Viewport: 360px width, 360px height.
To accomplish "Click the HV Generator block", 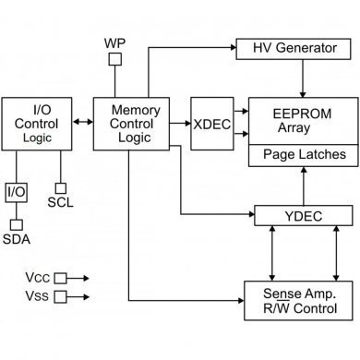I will tap(294, 47).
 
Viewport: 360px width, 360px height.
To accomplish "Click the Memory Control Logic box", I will tap(135, 123).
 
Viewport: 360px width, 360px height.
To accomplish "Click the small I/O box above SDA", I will tap(16, 192).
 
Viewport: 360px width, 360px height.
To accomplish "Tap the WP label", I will tap(115, 43).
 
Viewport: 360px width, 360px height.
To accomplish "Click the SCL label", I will tap(60, 202).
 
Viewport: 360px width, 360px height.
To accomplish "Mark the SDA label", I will tap(16, 239).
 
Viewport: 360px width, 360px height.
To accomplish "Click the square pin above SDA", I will tap(16, 222).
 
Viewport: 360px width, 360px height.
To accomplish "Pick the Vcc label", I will tap(36, 277).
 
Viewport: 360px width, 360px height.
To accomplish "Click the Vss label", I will tap(36, 296).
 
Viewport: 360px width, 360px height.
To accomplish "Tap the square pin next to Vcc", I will tap(61, 277).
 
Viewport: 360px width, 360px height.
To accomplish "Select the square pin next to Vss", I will tap(61, 296).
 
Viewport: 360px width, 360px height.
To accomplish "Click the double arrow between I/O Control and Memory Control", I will tap(81, 122).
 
